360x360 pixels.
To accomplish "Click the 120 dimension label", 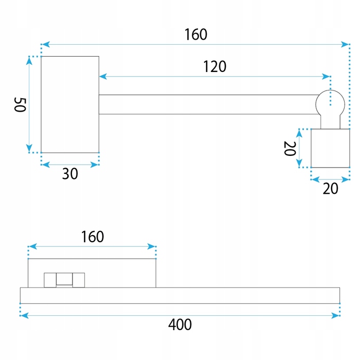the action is pos(215,66).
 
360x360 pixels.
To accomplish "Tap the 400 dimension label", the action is pos(180,325).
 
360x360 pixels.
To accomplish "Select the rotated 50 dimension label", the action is pos(20,105).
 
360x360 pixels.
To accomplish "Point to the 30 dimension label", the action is pos(70,174).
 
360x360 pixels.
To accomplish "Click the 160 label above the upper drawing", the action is pos(196,34).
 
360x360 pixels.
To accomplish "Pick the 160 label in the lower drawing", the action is pos(93,237).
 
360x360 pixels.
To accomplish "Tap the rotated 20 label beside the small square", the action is pos(290,149).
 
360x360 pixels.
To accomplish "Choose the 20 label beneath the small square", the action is pos(330,189).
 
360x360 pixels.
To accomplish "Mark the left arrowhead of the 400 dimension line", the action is pos(24,315).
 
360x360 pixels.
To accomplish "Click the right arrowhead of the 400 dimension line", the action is pos(336,315).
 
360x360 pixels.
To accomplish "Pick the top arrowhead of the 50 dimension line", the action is pos(29,61).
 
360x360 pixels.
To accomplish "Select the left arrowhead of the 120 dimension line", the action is pos(103,77).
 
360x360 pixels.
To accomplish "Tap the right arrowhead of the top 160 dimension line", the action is pos(345,44).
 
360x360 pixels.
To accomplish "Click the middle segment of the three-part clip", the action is pos(64,279).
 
